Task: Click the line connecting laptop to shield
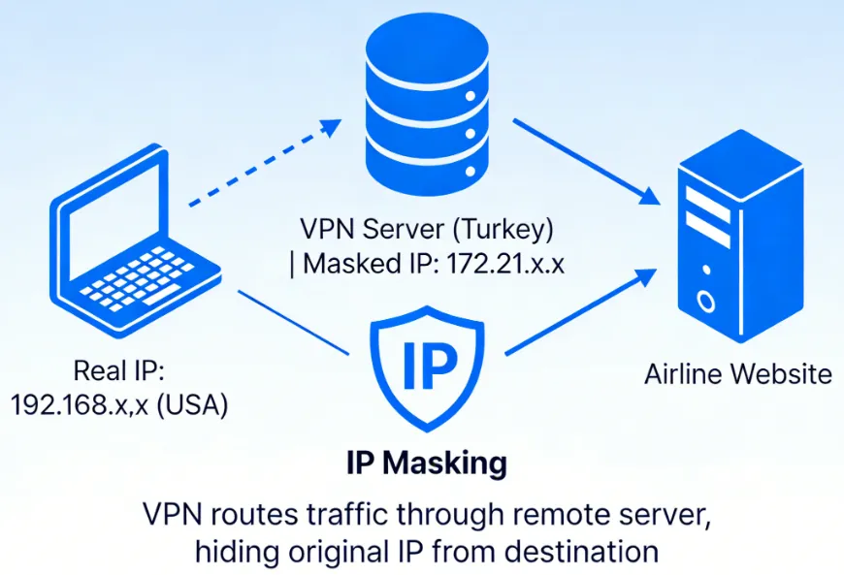click(x=292, y=321)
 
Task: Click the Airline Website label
click(x=738, y=373)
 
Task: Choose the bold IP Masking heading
click(x=426, y=463)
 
